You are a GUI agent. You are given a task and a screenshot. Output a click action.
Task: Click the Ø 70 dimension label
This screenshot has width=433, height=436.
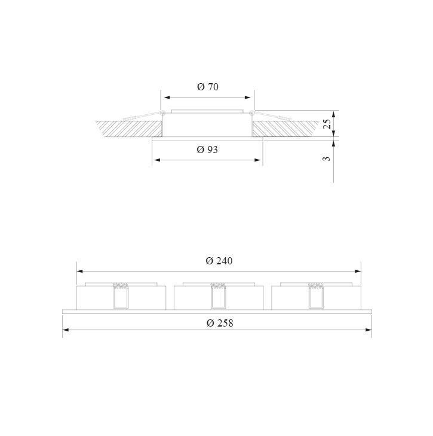(x=208, y=87)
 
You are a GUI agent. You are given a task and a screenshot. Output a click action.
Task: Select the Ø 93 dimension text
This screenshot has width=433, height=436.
(x=207, y=150)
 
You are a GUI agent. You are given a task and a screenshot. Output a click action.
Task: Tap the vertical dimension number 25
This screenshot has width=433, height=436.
(x=328, y=124)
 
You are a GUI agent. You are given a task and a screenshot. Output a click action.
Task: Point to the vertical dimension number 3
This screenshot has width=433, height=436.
(x=328, y=158)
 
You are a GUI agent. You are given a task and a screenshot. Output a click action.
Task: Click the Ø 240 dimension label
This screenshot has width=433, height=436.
(x=219, y=261)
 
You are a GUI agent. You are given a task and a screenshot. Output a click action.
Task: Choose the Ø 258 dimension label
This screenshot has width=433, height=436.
(x=220, y=323)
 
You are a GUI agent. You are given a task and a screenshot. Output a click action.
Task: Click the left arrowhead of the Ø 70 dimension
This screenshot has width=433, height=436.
(x=167, y=97)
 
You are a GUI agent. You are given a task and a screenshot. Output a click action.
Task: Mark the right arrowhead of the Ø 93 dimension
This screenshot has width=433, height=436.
(x=258, y=160)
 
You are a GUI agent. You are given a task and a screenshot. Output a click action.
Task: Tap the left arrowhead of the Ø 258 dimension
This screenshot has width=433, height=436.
(x=66, y=330)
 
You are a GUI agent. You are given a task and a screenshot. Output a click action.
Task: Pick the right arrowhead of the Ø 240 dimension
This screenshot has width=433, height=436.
(x=358, y=272)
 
